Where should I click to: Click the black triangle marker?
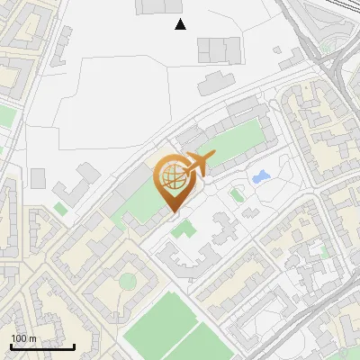tap(181, 24)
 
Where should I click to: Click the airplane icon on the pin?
tap(197, 165)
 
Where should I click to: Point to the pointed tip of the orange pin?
tap(173, 211)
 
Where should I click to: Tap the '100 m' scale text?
tap(24, 338)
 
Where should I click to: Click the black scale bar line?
tap(42, 346)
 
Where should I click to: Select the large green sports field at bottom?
tap(171, 328)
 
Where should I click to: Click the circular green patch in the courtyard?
tap(128, 281)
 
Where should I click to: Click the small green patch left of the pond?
tap(237, 194)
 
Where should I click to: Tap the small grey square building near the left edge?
tap(38, 177)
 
